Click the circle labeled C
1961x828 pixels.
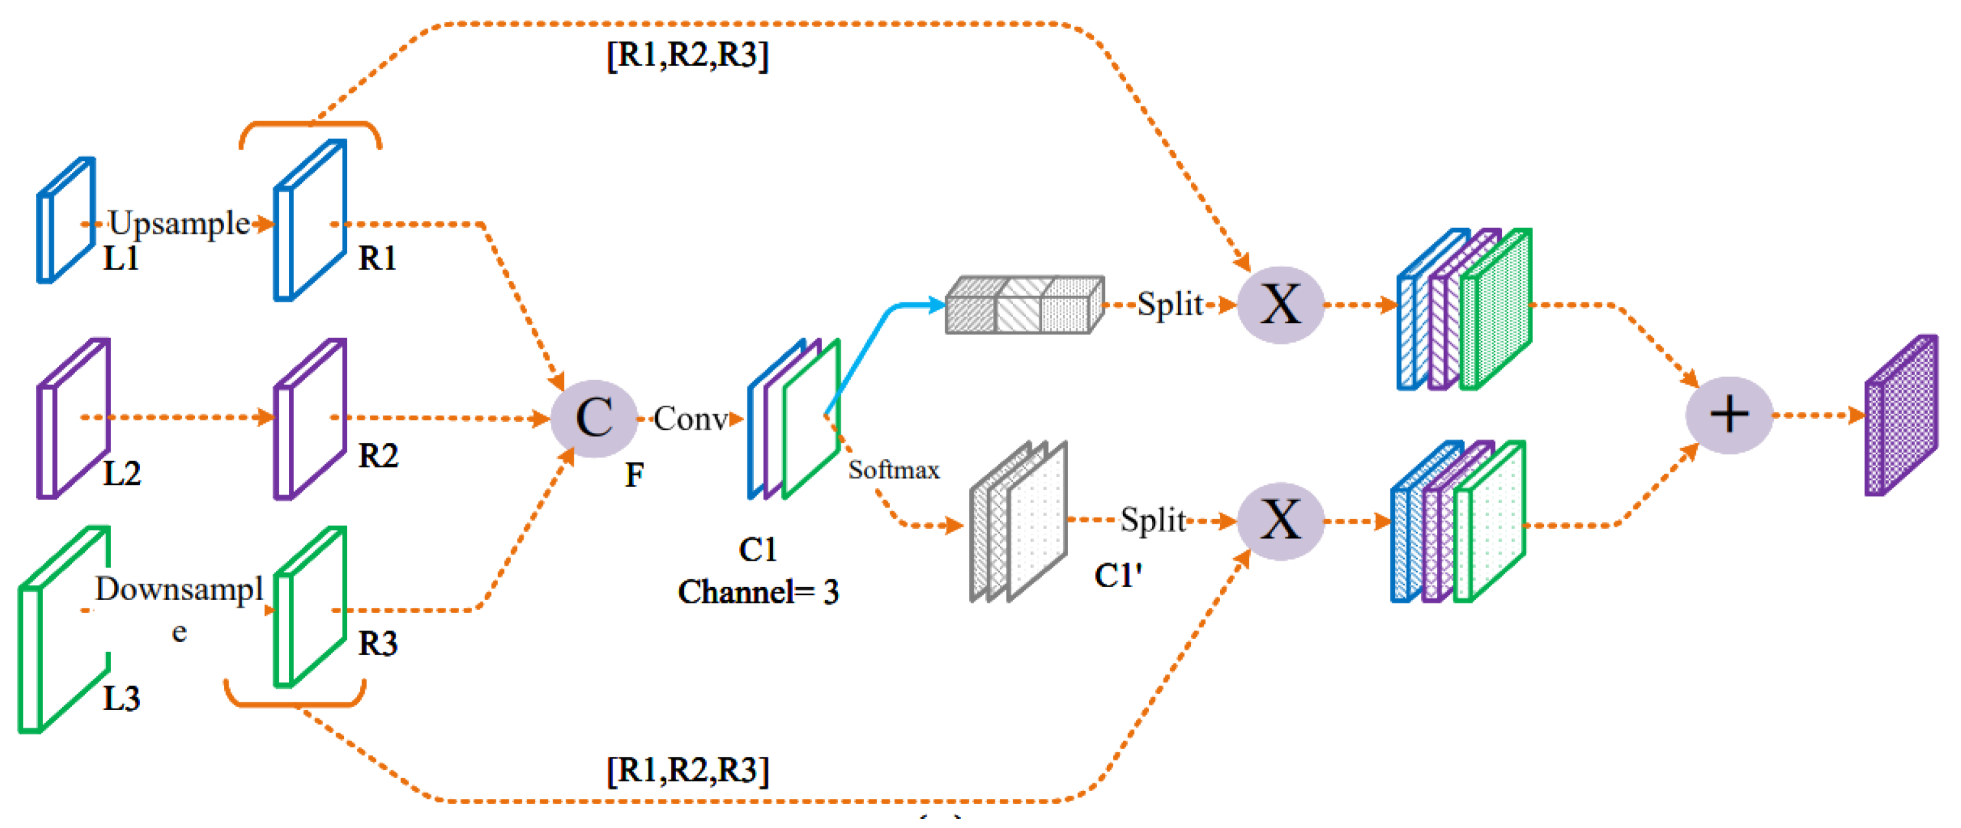tap(594, 418)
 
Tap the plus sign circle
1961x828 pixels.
tap(1729, 416)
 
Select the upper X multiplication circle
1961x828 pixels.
tap(1280, 305)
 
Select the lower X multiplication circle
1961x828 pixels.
tap(1280, 521)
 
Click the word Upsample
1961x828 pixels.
tap(179, 223)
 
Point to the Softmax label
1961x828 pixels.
tap(894, 469)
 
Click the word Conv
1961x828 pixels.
tap(690, 418)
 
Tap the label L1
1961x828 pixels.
tap(121, 259)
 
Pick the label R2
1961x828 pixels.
tap(378, 456)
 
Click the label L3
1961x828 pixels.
tap(121, 698)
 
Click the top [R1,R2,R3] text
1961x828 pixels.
tap(687, 55)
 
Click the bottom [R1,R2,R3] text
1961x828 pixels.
tap(687, 770)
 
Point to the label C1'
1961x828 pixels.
tap(1118, 576)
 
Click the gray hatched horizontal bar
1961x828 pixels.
tap(1024, 305)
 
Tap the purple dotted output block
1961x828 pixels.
tap(1901, 416)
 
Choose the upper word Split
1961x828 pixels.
tap(1170, 304)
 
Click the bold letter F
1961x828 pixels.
tap(634, 475)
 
